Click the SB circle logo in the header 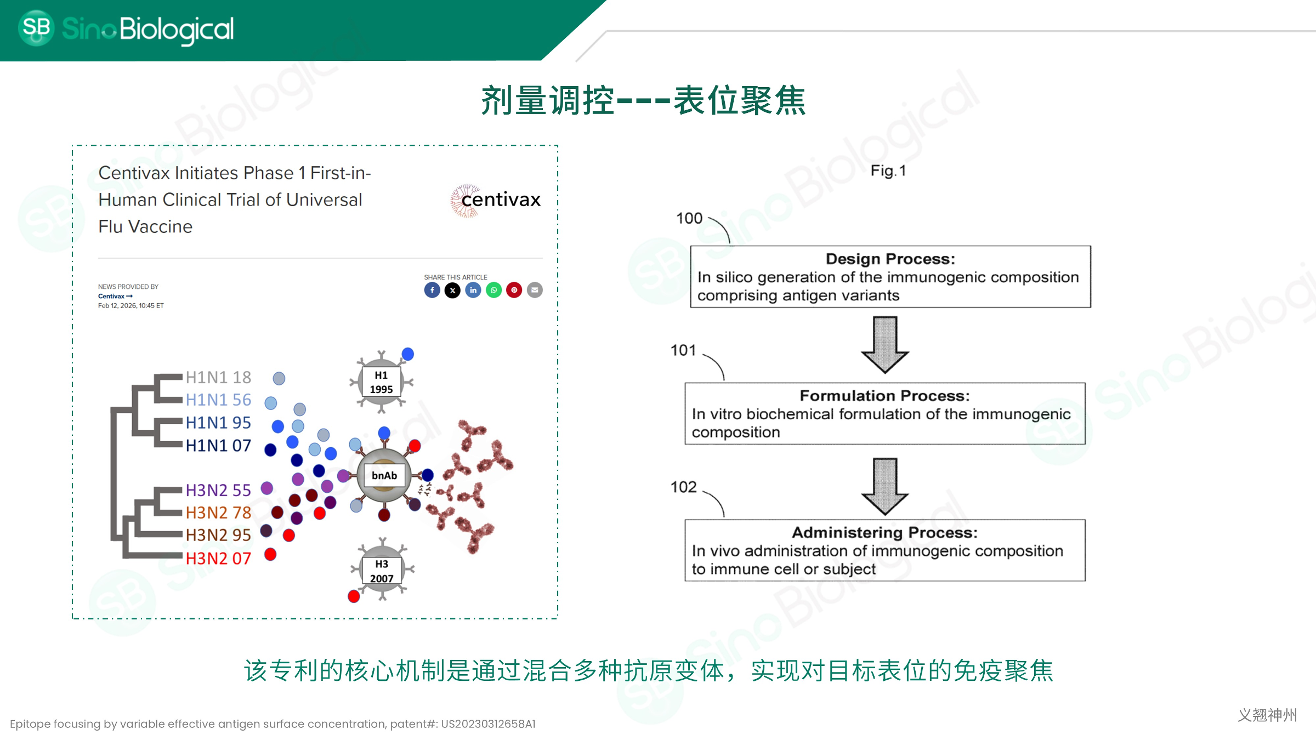[36, 28]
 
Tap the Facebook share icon [432, 290]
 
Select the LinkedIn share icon [473, 290]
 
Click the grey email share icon [535, 290]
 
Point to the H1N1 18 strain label [218, 377]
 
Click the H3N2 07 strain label [218, 558]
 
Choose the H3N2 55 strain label [218, 490]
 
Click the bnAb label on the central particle [384, 476]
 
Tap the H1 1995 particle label [381, 382]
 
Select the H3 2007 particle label [382, 571]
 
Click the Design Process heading [890, 259]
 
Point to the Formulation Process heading [884, 396]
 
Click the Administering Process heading [884, 532]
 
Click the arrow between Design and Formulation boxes [885, 345]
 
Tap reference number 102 [683, 487]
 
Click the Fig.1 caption [888, 171]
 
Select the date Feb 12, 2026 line [131, 306]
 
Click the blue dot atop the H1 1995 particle [407, 354]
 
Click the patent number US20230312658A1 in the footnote [489, 724]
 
